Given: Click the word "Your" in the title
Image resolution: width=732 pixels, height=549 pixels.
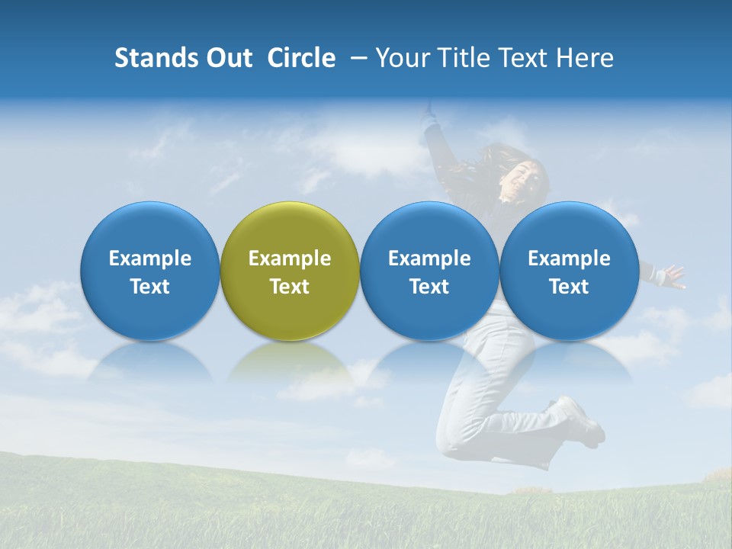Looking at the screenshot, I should (400, 58).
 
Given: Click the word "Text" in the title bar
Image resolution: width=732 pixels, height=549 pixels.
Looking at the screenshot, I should (522, 58).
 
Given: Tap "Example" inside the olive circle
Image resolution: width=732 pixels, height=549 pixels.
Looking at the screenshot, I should (290, 258).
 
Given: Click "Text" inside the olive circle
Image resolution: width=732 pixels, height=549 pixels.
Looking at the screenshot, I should (290, 287).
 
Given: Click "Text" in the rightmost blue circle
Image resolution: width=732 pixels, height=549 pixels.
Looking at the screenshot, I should (569, 287).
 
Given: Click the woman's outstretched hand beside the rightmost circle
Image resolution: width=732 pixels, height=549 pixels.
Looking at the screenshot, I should (672, 276).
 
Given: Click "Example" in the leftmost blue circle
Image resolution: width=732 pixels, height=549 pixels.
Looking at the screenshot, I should (149, 258).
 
